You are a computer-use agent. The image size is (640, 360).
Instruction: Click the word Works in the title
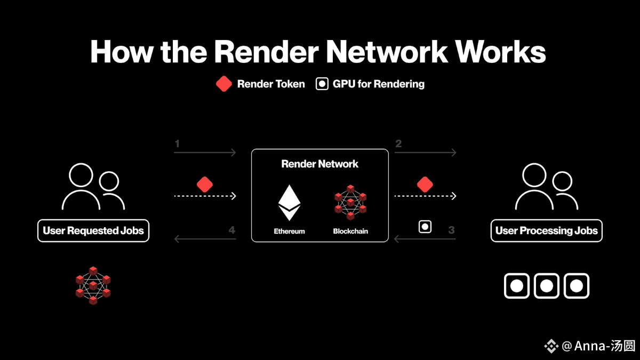[x=500, y=52]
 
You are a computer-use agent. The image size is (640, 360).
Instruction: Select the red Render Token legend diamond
[x=223, y=84]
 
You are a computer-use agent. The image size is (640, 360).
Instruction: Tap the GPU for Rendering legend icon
[x=322, y=84]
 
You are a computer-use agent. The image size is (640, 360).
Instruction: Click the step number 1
[x=177, y=143]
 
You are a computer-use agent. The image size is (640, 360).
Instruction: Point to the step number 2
[x=398, y=143]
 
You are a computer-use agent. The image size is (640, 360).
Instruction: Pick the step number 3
[x=451, y=230]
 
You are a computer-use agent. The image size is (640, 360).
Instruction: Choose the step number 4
[x=231, y=230]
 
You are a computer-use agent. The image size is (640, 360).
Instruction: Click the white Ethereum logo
[x=289, y=203]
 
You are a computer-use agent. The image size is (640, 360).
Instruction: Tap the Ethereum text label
[x=289, y=231]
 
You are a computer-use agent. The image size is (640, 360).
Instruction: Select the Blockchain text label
[x=350, y=231]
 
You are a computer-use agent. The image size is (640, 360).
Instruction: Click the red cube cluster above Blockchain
[x=350, y=202]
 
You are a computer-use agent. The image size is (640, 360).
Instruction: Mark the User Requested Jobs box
[x=93, y=230]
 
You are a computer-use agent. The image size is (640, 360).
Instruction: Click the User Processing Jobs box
[x=546, y=230]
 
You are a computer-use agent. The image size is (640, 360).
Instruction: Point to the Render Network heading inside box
[x=319, y=164]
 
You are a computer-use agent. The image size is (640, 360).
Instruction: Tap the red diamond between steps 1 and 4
[x=205, y=185]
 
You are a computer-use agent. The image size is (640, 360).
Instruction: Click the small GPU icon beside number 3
[x=425, y=227]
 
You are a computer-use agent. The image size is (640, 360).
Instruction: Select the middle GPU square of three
[x=546, y=286]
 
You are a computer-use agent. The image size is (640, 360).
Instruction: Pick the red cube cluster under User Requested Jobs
[x=93, y=285]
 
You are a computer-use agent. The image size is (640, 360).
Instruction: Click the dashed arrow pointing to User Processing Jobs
[x=425, y=196]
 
